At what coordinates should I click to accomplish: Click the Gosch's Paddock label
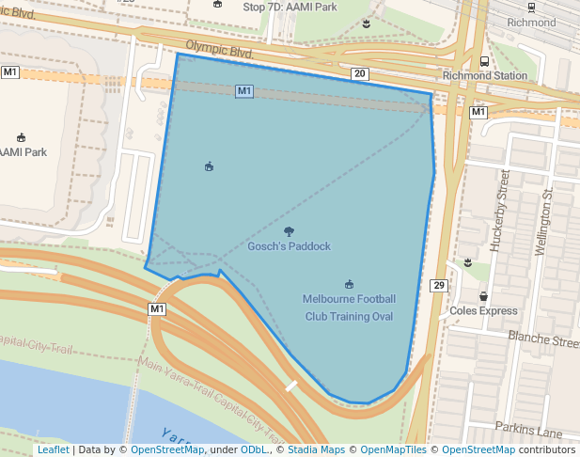pos(289,246)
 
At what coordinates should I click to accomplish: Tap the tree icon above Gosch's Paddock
pos(289,231)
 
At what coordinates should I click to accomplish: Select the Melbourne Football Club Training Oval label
pos(349,307)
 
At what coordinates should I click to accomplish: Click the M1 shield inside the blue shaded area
pos(244,90)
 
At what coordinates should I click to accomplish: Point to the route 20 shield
pos(359,73)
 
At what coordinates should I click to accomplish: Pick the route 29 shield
pos(439,285)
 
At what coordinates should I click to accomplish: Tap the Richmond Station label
pos(484,75)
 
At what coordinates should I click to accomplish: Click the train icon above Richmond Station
pos(484,60)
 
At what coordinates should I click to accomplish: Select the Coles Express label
pos(483,310)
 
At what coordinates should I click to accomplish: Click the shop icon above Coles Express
pos(483,296)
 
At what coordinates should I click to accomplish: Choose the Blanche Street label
pos(543,339)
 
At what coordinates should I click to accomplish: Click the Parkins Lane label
pos(528,433)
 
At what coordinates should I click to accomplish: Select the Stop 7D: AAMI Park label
pos(290,7)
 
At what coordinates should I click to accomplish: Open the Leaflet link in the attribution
pos(53,450)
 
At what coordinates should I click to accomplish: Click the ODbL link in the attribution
pos(253,450)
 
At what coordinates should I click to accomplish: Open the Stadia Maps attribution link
pos(314,450)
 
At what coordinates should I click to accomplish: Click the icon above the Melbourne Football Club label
pos(349,284)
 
